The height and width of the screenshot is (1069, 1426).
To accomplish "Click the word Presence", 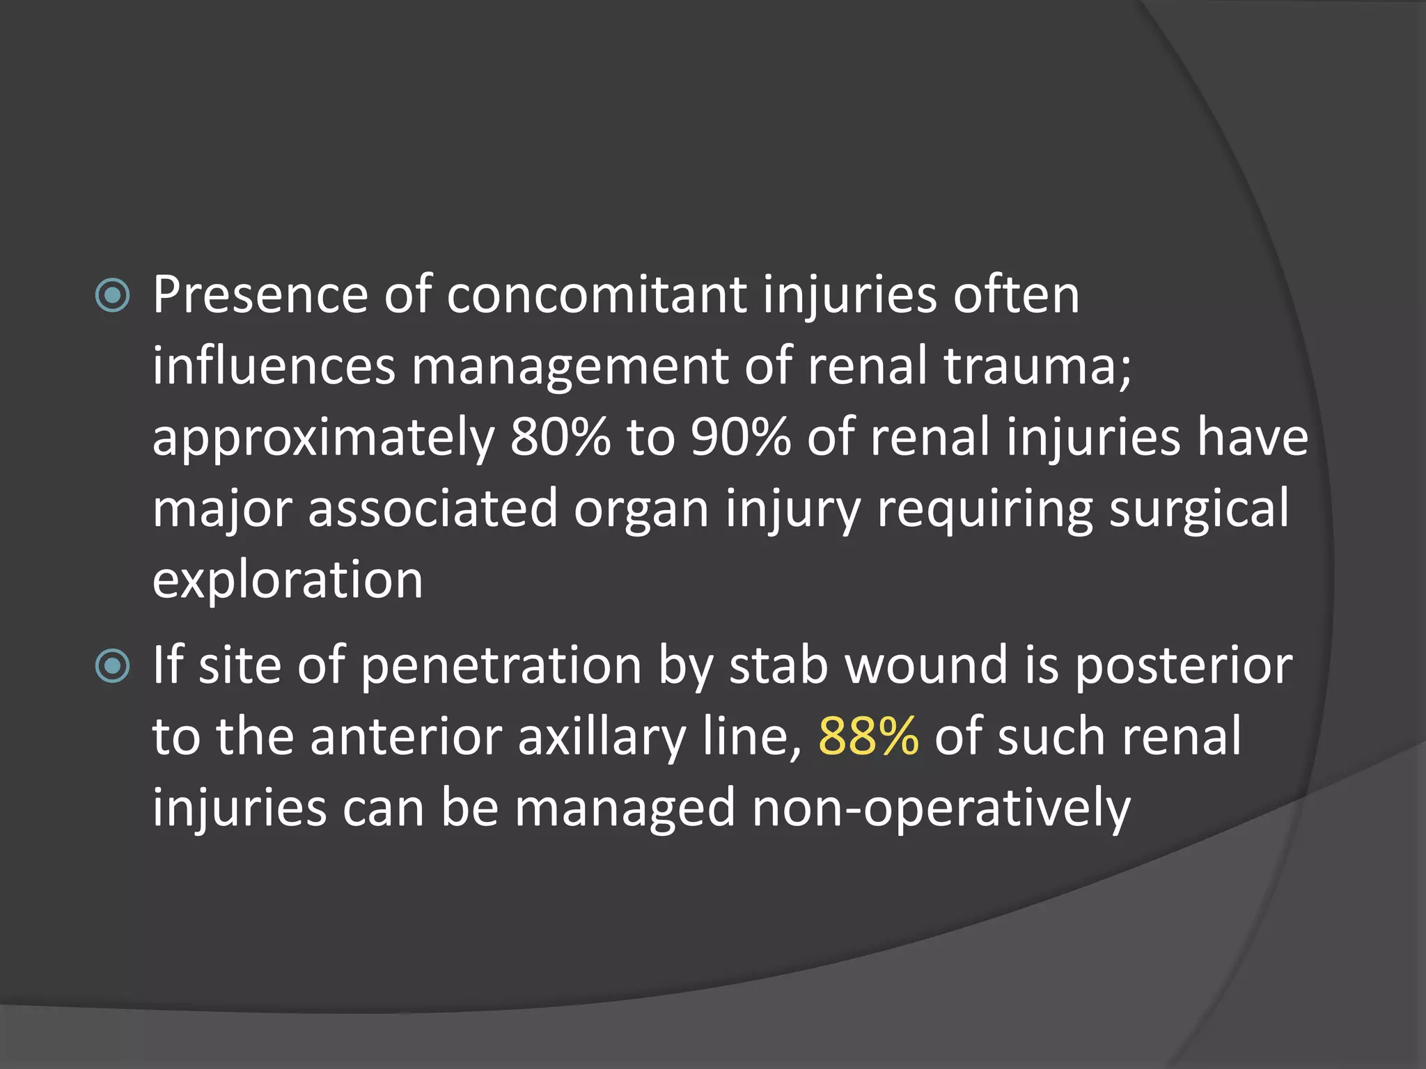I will [260, 295].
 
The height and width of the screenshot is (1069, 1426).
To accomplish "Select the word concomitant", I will [596, 295].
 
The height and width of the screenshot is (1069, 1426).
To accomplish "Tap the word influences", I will [274, 367].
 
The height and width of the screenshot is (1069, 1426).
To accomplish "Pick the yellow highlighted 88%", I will [868, 736].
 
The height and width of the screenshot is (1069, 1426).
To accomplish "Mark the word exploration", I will [288, 581].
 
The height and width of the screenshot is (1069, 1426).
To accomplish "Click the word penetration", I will [501, 667].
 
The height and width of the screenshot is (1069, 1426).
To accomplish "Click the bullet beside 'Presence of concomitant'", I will [112, 295].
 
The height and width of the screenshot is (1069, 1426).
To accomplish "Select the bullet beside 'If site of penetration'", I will [112, 666].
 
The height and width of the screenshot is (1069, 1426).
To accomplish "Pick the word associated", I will [432, 509].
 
